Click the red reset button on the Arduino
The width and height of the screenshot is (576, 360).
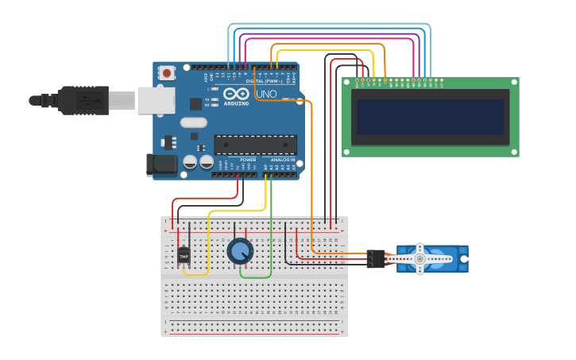point(167,73)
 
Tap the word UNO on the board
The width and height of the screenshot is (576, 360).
point(267,94)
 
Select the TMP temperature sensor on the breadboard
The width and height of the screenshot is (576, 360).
point(184,257)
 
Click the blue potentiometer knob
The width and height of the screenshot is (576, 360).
point(240,251)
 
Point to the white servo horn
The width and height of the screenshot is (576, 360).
point(420,258)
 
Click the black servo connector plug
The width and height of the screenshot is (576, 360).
point(376,258)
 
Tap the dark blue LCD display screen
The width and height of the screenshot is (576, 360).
point(430,117)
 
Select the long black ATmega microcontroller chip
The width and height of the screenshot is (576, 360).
point(255,145)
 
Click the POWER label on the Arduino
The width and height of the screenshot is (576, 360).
point(248,160)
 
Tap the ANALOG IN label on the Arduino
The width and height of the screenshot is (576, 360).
point(282,160)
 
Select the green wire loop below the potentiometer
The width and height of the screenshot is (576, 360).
point(256,277)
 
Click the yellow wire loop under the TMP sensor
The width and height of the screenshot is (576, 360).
point(196,274)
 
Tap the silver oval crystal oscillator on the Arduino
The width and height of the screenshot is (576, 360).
point(194,122)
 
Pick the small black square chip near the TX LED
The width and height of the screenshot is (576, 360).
point(195,104)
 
